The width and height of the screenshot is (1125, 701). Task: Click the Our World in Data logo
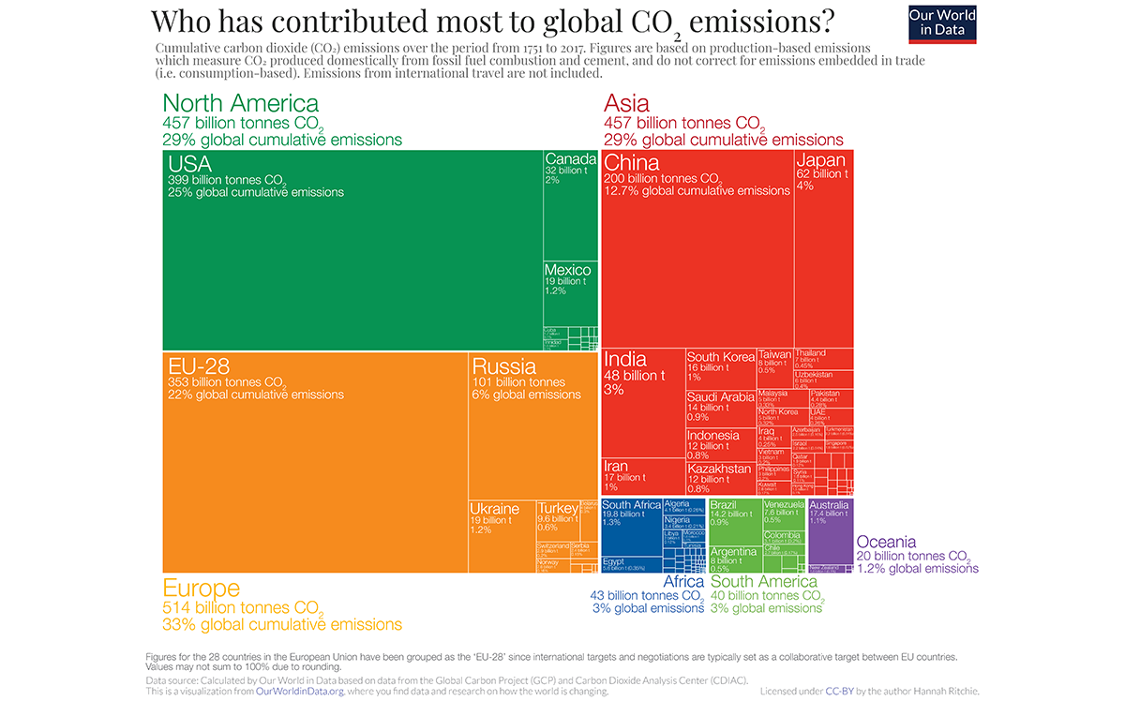942,23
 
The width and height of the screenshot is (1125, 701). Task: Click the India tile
642,403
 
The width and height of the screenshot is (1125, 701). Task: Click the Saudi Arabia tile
720,409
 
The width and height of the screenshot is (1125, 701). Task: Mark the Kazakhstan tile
720,476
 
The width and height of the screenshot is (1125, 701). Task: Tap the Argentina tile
734,559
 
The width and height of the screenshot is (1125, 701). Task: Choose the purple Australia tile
830,529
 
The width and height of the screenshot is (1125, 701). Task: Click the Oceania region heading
886,543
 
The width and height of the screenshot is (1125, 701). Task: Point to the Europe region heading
202,589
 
